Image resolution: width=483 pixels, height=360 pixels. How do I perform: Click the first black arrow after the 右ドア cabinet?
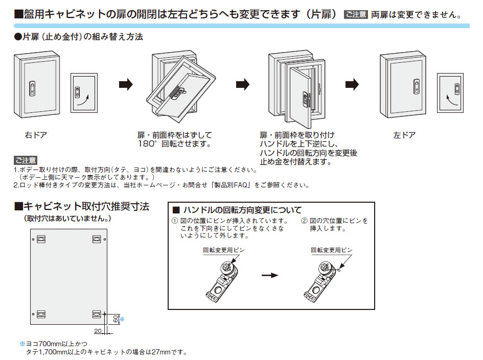point(126,84)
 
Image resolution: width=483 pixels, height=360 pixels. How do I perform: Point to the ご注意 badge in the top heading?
point(356,14)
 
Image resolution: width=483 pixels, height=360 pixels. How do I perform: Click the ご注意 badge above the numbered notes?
point(26,161)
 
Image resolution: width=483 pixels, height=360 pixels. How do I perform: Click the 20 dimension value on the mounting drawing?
point(97,331)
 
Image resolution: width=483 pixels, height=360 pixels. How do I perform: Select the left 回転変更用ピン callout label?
point(224,250)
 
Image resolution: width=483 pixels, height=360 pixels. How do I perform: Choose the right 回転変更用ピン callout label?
point(332,250)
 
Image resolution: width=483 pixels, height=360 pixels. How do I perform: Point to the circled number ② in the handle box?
point(304,221)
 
